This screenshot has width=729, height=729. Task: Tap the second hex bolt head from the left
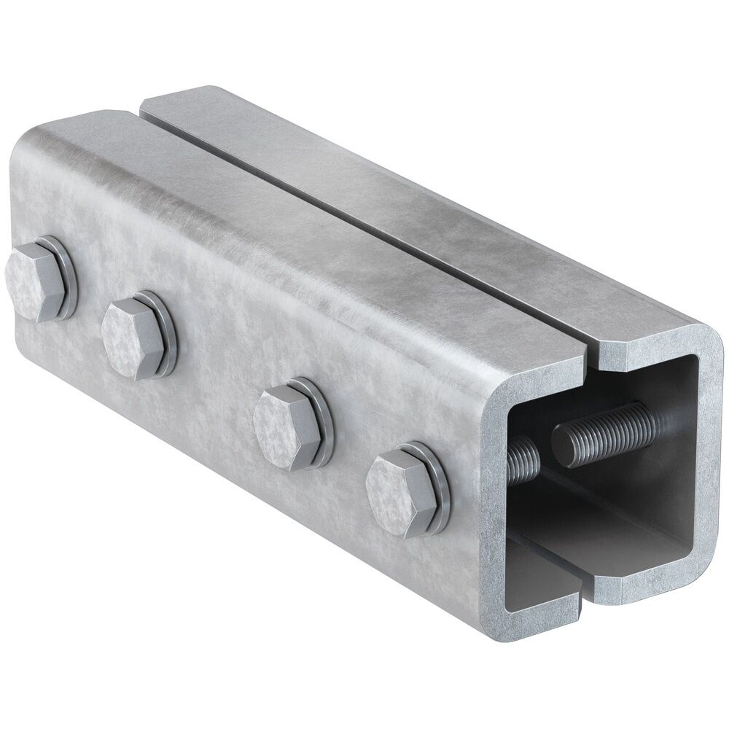pyautogui.click(x=131, y=338)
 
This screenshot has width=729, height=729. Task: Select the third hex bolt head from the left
pyautogui.click(x=285, y=426)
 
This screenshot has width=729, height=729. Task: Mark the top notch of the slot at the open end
pyautogui.click(x=592, y=357)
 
